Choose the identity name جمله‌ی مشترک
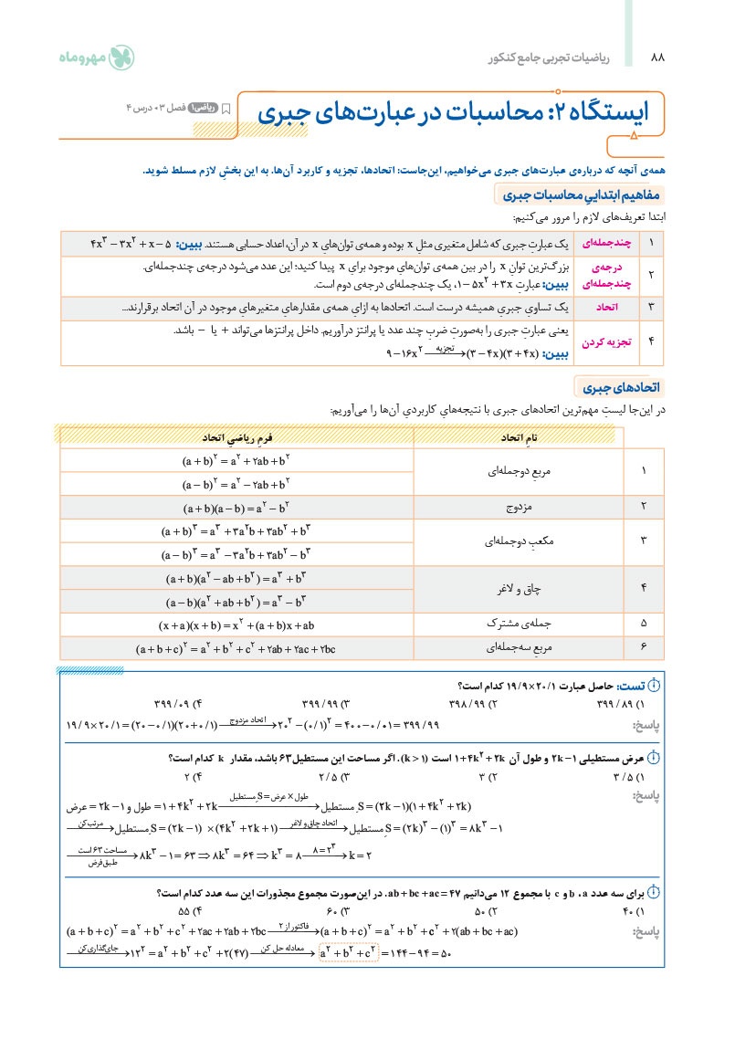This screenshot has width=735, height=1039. point(517,624)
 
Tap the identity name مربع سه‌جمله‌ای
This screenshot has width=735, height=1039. point(517,647)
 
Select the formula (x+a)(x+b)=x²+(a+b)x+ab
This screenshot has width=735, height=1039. point(236,625)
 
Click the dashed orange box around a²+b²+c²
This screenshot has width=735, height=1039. point(348,953)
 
